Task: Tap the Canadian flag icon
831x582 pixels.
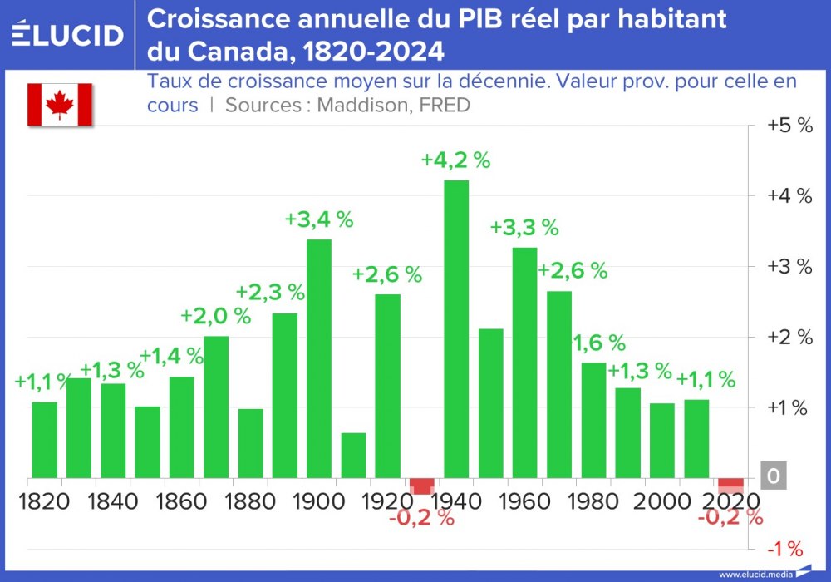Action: coord(60,105)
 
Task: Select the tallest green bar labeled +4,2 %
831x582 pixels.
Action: coord(456,328)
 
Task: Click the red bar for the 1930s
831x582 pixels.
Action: coord(422,486)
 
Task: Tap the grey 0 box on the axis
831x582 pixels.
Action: coord(773,476)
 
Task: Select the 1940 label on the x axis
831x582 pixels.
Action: coord(457,502)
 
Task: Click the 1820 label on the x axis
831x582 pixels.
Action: coord(44,502)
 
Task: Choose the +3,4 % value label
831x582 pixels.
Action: coord(319,220)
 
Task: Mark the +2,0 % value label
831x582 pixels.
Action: coord(215,316)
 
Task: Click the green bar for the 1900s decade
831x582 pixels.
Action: coord(319,359)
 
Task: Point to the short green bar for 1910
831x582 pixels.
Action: coord(353,456)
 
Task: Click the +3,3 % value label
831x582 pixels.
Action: coord(524,228)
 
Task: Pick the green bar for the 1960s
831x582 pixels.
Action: coord(524,363)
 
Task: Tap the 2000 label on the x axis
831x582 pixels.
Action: coord(662,502)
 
